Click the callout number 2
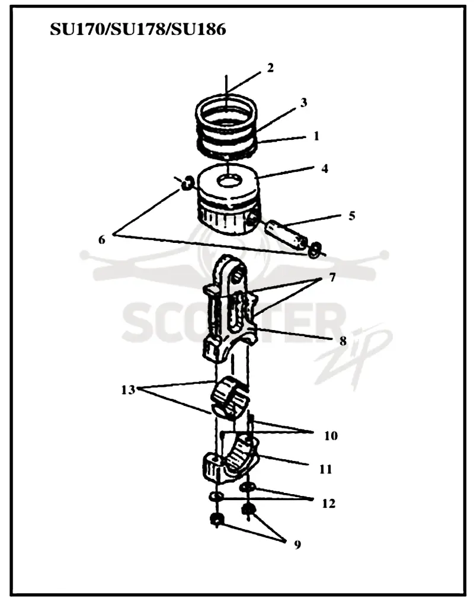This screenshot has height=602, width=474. pos(271,68)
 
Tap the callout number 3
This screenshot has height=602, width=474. pos(303,103)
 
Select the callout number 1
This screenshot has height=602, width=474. pos(316,136)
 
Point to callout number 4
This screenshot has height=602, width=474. pos(325,168)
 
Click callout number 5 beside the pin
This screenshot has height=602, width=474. pos(351,216)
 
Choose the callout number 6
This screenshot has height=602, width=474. pos(102,240)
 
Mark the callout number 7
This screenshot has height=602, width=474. pos(332,277)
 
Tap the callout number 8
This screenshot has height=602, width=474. pos(342,341)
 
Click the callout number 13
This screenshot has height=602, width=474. pos(128,390)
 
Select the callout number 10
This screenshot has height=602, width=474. pos(331,436)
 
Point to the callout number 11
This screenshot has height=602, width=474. pos(325,469)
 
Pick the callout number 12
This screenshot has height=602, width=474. pos(328,503)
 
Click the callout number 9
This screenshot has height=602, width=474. pos(297,545)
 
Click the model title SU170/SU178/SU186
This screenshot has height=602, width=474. pos(138,29)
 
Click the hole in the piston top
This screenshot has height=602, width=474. pos(229,180)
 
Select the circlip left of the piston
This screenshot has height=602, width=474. pos(187,183)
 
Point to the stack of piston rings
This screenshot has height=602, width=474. pos(226,126)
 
